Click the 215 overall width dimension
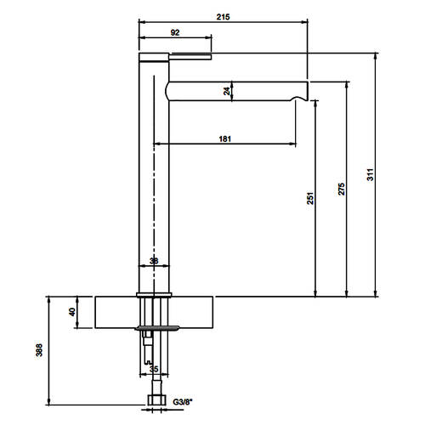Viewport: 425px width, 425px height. tap(224, 17)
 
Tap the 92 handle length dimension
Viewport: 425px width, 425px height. tap(175, 32)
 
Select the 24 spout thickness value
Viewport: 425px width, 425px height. tap(227, 91)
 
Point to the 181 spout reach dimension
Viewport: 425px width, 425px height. tap(225, 139)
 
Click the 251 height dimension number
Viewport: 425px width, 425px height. tap(310, 198)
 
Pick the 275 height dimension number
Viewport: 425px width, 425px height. tap(342, 189)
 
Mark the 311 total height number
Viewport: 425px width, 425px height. tap(371, 174)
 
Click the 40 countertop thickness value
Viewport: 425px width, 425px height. tap(72, 312)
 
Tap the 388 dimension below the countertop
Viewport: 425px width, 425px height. tap(39, 350)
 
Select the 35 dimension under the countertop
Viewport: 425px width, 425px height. tap(154, 369)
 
